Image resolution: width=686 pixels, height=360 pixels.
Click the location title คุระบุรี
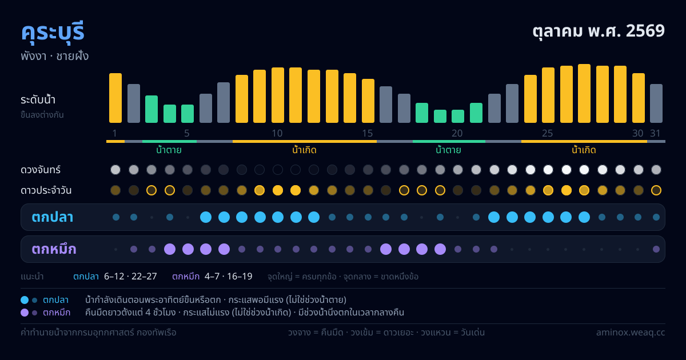tap(53, 31)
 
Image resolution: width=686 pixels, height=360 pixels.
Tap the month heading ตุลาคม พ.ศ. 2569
tap(599, 31)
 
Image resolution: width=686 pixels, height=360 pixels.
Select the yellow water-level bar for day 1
tap(115, 98)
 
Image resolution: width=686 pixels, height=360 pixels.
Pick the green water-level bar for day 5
tap(188, 114)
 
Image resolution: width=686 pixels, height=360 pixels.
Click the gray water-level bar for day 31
tap(656, 103)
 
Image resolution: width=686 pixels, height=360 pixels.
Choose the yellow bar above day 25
tap(548, 95)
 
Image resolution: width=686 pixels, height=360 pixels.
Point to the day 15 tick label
tap(368, 133)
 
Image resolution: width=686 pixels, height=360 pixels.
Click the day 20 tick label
tap(457, 133)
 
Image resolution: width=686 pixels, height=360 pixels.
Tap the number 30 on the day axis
tap(638, 133)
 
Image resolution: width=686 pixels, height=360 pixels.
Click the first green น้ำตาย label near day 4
tap(169, 150)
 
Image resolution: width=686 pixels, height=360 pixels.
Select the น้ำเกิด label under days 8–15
tap(304, 150)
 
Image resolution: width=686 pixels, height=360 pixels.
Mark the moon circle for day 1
tap(115, 170)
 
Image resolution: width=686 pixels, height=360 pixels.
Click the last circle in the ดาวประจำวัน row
tap(656, 190)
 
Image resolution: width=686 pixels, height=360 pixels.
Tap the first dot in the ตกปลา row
tap(115, 217)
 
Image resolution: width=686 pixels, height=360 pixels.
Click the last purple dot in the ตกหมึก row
tap(656, 249)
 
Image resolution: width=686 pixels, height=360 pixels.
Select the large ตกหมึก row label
tap(54, 249)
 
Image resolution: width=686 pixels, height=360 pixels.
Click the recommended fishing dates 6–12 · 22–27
tap(130, 277)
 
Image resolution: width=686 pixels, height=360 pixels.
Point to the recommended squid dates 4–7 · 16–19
tap(229, 277)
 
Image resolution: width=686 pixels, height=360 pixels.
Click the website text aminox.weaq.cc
tap(631, 333)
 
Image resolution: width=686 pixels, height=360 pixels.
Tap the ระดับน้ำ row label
tap(38, 100)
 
